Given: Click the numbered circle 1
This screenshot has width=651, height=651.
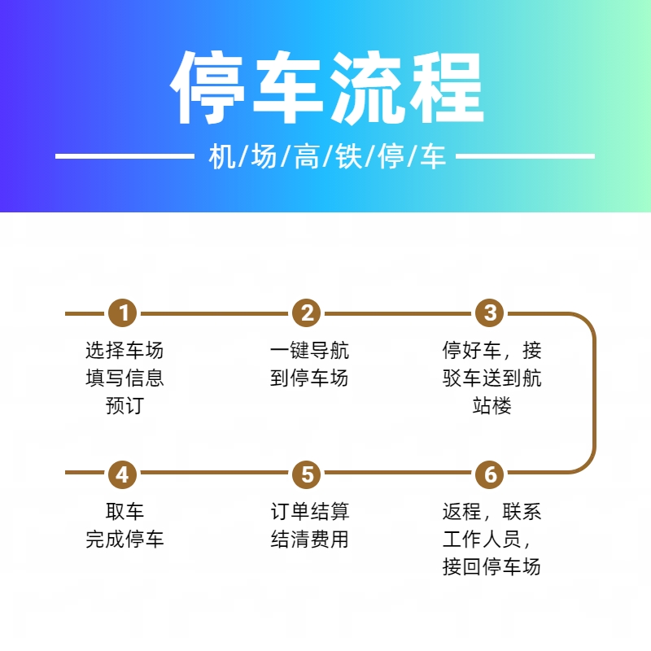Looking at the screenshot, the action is (x=123, y=312).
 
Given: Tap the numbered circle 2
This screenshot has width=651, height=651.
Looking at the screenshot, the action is (x=307, y=312).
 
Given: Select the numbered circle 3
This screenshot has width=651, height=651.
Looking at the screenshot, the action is (x=490, y=312).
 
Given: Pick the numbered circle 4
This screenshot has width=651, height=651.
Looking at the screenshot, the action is (x=123, y=474).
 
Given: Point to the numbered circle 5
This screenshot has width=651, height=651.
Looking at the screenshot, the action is (x=307, y=474).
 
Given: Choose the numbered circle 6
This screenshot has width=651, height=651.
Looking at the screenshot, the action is (x=490, y=474).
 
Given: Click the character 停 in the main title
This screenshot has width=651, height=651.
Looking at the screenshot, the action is (x=208, y=88).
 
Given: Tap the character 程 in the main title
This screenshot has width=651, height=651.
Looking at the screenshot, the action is (x=445, y=88).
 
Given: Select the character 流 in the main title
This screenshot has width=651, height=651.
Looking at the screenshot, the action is (x=366, y=88).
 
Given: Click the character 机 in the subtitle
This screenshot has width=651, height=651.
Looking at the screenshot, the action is (x=222, y=156).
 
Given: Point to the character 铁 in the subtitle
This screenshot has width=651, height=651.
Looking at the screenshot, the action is (x=349, y=156).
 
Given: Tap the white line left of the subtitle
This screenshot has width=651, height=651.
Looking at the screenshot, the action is (x=125, y=156).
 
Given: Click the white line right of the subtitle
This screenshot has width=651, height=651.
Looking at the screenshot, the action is (x=525, y=156).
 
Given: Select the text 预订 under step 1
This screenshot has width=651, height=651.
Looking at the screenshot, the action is (x=125, y=405).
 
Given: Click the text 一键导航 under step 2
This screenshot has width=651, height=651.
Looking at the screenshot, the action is (x=309, y=350).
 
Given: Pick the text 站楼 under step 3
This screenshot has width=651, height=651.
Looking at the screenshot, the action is (x=492, y=405).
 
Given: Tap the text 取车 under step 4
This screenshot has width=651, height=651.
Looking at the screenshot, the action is (x=125, y=511).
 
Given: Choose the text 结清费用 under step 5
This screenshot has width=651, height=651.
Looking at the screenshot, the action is (x=309, y=539).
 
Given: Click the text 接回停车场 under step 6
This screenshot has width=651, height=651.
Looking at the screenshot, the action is (x=492, y=566).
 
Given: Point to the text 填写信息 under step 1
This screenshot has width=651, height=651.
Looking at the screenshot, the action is (x=125, y=378).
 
